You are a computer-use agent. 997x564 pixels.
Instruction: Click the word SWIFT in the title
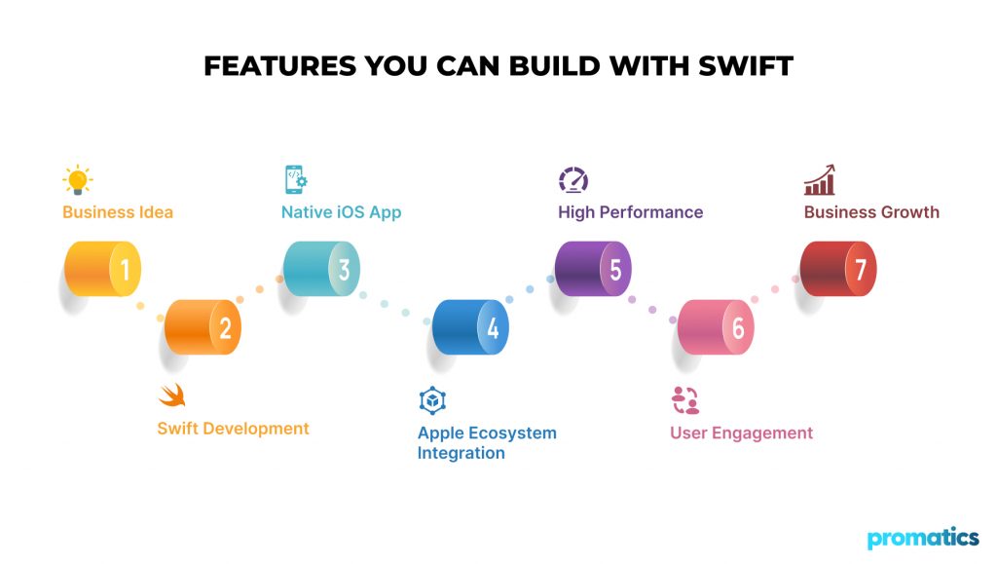coord(745,66)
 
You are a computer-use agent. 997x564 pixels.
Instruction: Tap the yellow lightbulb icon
coord(78,179)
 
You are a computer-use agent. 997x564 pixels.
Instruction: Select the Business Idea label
coord(118,212)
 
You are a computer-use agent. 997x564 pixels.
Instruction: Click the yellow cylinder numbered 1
coord(102,269)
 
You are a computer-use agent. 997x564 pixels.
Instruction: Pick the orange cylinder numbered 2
coord(203,327)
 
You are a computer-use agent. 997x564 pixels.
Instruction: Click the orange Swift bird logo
coord(171,395)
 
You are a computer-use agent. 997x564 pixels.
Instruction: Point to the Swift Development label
coord(234,429)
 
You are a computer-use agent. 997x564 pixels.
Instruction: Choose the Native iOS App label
coord(342,212)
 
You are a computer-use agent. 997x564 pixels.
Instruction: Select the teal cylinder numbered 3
coord(321,269)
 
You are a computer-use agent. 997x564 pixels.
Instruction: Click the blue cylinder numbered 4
coord(470,327)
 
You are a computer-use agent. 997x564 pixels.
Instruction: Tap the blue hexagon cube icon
coord(432,400)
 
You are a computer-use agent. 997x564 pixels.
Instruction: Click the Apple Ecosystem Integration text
coord(487,442)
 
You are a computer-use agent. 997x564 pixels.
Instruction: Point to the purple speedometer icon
coord(573,180)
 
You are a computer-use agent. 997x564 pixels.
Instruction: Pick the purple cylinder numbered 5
coord(593,269)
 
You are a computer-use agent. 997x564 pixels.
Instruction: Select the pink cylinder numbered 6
coord(716,327)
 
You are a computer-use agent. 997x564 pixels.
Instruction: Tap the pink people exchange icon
coord(685,400)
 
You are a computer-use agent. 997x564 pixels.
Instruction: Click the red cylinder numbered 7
coord(838,269)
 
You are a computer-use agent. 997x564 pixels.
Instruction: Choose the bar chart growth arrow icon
coord(820,180)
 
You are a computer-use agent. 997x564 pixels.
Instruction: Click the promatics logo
coord(923,538)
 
